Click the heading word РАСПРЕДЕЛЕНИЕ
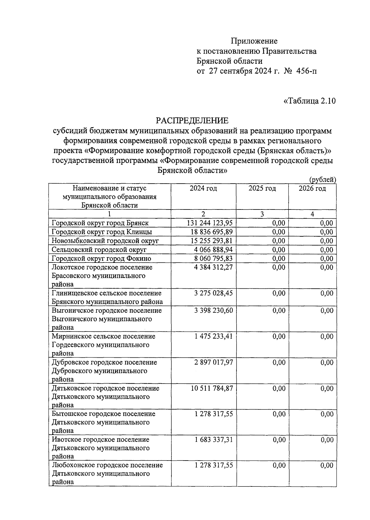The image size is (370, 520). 192,120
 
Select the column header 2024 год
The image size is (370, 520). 203,188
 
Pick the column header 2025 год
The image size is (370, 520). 262,188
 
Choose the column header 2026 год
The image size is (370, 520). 312,188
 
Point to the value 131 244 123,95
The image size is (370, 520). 210,223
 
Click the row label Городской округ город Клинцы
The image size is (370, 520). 102,232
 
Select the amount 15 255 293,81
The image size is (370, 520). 212,241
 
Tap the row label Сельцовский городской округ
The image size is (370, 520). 99,250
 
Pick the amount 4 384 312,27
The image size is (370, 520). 213,267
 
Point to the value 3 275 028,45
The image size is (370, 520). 213,293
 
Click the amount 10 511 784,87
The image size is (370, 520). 212,388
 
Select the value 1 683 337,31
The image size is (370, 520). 213,440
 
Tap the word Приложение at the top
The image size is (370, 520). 254,41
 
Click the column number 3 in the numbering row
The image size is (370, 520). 262,214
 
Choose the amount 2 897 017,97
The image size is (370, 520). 213,363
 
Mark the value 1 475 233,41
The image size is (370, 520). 213,336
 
